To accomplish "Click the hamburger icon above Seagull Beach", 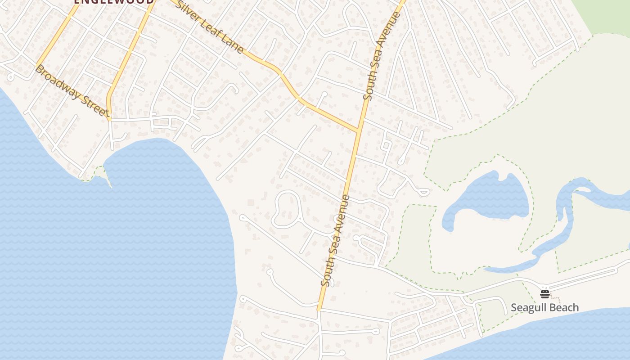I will point(545,294).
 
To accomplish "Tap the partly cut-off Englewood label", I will point(113,2).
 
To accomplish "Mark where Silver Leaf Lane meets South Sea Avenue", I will point(359,131).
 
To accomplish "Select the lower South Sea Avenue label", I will point(335,241).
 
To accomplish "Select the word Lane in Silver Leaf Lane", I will point(233,45).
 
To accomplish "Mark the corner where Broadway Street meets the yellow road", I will point(109,119).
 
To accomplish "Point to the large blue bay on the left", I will point(112,252).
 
